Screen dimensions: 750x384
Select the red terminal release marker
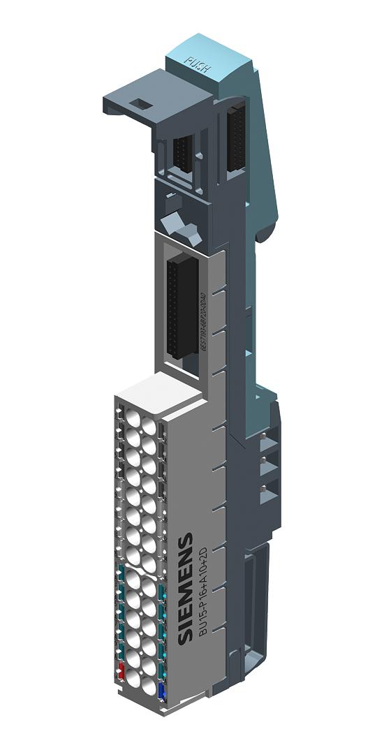[x=121, y=672]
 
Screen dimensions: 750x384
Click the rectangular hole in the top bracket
[x=140, y=104]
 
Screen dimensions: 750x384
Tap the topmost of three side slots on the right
[x=265, y=441]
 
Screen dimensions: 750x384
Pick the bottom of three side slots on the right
[x=265, y=492]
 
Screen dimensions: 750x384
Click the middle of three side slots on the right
[x=265, y=466]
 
